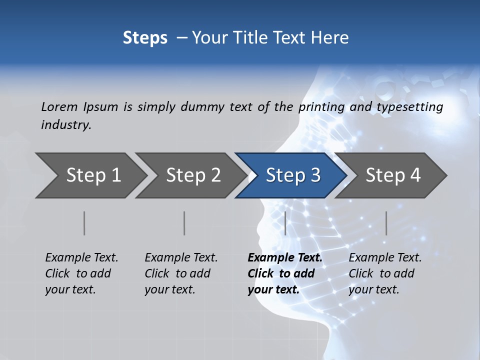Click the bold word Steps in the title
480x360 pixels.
coord(145,38)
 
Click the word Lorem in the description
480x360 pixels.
coord(59,106)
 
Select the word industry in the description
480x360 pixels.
coord(65,125)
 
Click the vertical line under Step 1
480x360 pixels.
coord(84,223)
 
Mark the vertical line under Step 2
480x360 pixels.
coord(184,223)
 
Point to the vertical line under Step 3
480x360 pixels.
coord(285,223)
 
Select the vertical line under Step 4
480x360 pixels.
coord(386,223)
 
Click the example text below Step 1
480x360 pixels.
coord(81,273)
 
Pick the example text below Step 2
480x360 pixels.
coord(181,273)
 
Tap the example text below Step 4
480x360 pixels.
coord(385,273)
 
